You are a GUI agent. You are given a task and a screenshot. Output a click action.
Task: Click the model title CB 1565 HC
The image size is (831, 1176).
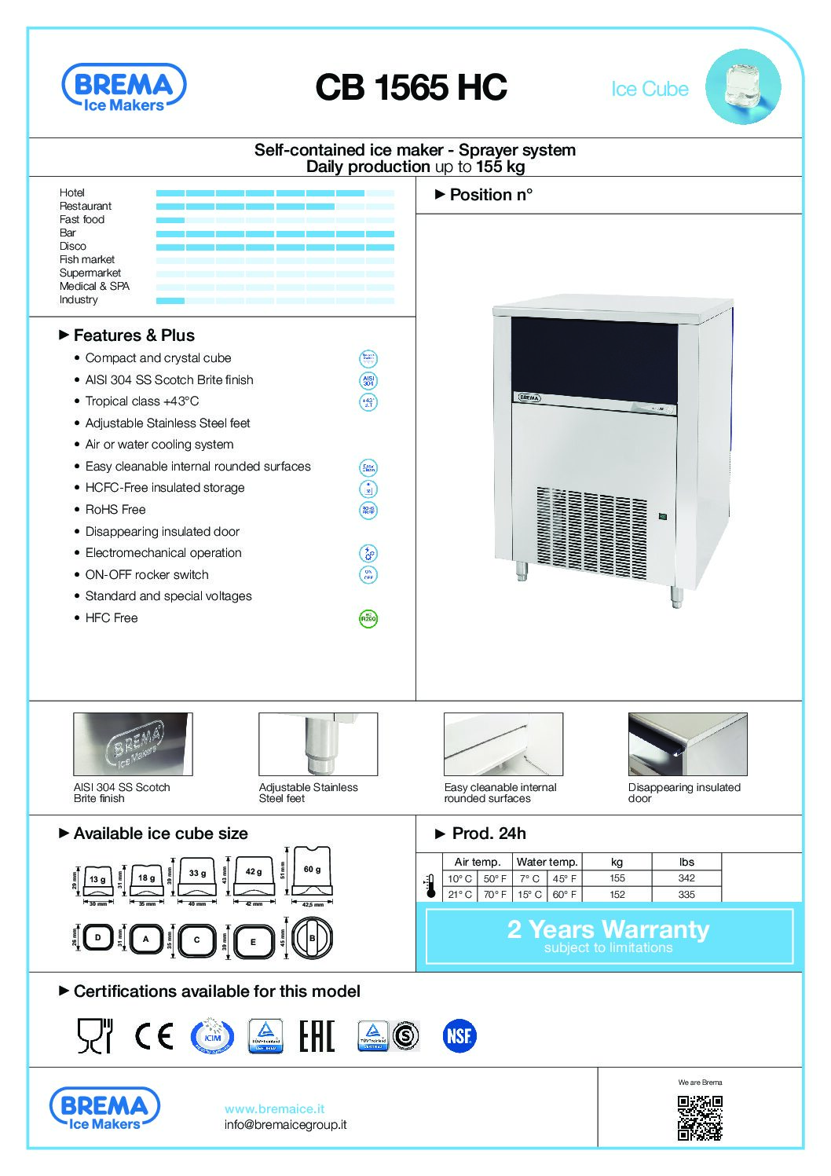tap(411, 88)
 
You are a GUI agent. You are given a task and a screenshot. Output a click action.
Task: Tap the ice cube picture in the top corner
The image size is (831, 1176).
tap(742, 86)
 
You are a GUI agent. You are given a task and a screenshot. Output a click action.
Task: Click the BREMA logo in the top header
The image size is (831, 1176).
tap(123, 88)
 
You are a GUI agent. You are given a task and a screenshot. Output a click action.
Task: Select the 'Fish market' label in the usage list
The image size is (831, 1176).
tap(87, 260)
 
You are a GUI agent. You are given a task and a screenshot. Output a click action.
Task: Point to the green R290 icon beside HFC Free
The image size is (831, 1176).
tap(368, 618)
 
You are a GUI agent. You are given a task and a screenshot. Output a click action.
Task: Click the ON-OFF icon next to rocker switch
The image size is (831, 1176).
tap(368, 575)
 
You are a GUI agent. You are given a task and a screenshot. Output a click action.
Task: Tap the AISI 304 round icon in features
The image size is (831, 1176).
tap(368, 380)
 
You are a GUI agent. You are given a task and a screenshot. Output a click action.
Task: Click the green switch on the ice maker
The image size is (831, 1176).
tap(662, 516)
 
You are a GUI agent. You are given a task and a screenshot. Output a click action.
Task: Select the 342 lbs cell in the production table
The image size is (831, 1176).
tap(686, 878)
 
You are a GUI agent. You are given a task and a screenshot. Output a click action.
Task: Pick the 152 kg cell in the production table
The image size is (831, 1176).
tap(617, 895)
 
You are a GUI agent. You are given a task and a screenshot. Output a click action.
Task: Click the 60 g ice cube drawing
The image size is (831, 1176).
tap(312, 871)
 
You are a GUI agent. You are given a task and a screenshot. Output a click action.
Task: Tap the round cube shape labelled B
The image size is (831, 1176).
tap(312, 938)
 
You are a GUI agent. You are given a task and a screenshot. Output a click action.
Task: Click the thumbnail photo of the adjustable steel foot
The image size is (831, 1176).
tap(318, 744)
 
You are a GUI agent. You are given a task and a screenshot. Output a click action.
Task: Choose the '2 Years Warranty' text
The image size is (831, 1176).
tap(608, 929)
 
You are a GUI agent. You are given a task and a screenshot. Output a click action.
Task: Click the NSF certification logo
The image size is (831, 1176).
tap(459, 1036)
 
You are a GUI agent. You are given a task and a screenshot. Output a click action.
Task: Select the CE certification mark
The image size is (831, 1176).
tap(154, 1036)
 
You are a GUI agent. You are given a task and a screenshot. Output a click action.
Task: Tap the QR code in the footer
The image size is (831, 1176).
tap(699, 1118)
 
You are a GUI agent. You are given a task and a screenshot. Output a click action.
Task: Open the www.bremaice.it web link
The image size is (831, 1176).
tap(274, 1109)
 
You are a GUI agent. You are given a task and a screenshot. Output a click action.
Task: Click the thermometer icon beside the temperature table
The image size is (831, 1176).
tap(430, 886)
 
